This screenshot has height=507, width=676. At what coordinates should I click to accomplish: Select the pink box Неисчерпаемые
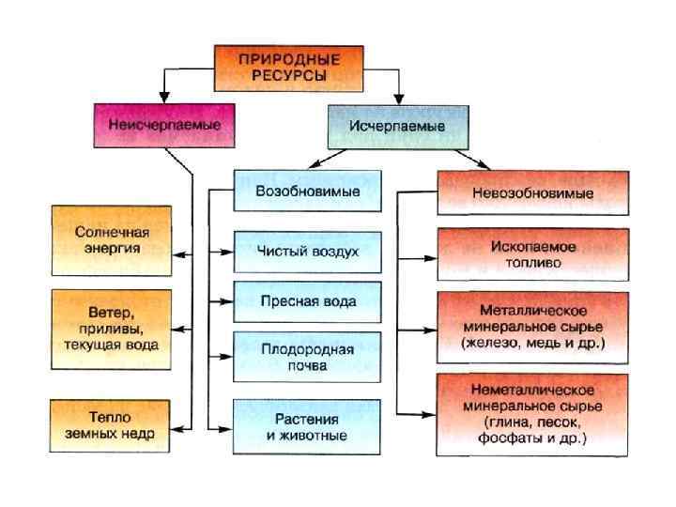coord(163,124)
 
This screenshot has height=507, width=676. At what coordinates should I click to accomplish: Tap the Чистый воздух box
coord(307,252)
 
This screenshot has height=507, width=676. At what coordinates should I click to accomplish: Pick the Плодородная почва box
coord(307,357)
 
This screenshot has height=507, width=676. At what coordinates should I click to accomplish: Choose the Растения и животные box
coord(307,427)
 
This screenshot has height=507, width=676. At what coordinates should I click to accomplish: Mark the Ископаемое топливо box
coord(531,255)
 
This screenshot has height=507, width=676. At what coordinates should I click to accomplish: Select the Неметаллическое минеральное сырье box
coord(531,414)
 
